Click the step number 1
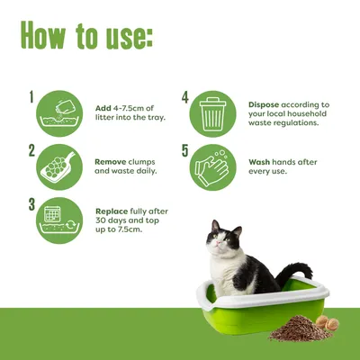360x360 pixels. (x=31, y=96)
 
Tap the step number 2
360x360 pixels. (x=31, y=151)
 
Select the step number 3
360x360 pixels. (x=31, y=204)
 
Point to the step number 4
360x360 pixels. (x=185, y=98)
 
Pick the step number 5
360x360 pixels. (x=185, y=151)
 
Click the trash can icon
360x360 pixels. (x=212, y=114)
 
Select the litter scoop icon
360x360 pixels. (x=58, y=166)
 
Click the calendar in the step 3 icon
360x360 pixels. (x=52, y=214)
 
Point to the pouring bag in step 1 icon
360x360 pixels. (x=63, y=107)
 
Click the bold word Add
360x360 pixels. (x=103, y=108)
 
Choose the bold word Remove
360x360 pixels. (x=111, y=162)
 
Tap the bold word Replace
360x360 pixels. (x=112, y=211)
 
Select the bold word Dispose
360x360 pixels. (x=264, y=105)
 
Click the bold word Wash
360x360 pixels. (x=259, y=162)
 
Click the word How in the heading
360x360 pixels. (x=43, y=35)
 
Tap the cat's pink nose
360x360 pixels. (x=220, y=242)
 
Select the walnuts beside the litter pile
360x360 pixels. (x=328, y=323)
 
